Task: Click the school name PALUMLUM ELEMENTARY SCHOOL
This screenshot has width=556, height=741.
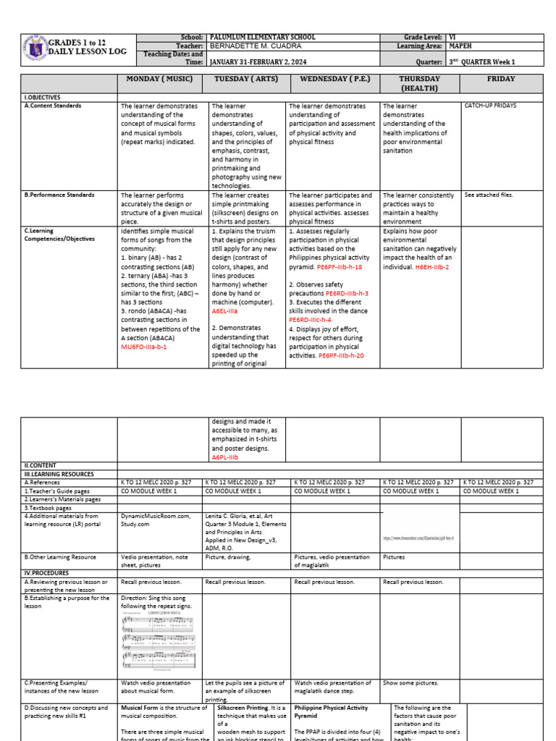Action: pyautogui.click(x=261, y=36)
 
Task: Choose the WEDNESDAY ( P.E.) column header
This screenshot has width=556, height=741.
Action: pyautogui.click(x=332, y=78)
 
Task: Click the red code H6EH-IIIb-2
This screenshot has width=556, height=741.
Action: pyautogui.click(x=432, y=267)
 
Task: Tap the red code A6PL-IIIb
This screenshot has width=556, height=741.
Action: pyautogui.click(x=224, y=457)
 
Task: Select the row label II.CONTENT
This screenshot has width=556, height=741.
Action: pyautogui.click(x=41, y=465)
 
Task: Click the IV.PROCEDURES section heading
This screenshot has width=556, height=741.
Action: pyautogui.click(x=47, y=572)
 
